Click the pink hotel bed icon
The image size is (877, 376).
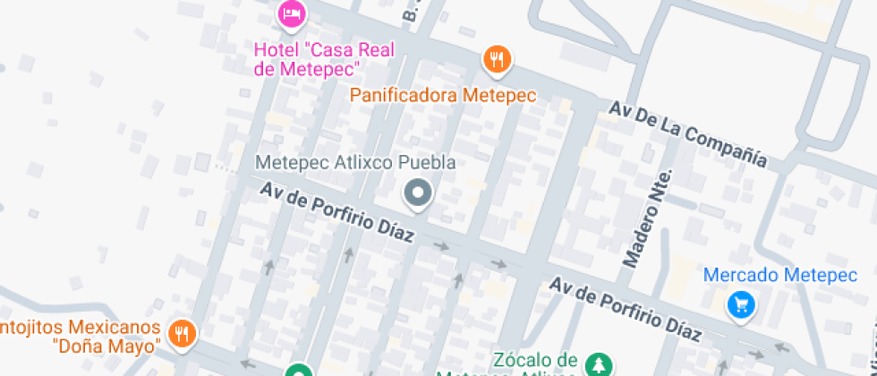(x=292, y=13)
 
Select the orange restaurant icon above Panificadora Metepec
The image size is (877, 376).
(x=496, y=60)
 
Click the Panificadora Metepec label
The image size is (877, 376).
(x=442, y=95)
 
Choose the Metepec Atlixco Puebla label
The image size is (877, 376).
(x=355, y=163)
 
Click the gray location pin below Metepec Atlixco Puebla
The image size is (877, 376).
(x=417, y=192)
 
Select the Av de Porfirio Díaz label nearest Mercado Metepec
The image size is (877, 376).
(x=625, y=309)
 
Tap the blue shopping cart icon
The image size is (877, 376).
(x=741, y=305)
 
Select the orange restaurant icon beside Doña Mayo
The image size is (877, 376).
(x=183, y=334)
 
